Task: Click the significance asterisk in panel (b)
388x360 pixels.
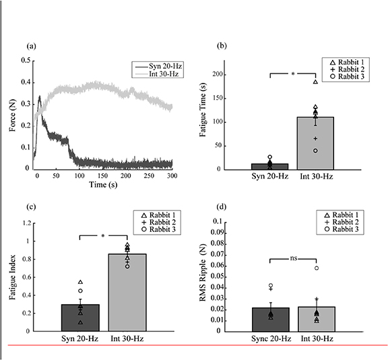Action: click(292, 74)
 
